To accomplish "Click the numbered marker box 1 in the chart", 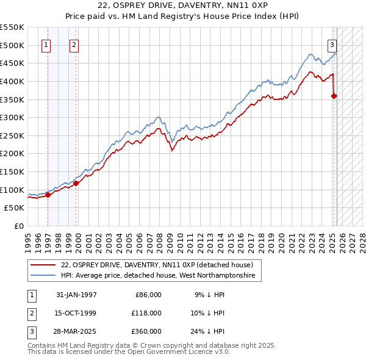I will [47, 44].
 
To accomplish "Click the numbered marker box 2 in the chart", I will [74, 44].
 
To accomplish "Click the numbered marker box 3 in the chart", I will [332, 44].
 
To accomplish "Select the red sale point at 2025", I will [334, 96].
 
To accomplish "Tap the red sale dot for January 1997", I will [48, 195].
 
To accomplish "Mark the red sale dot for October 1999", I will [76, 183].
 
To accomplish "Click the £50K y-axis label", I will [15, 208].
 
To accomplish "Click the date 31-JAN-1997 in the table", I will [76, 295].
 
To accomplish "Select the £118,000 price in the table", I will [146, 313].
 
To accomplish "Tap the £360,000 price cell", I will [146, 331].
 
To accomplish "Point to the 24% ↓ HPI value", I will [209, 331].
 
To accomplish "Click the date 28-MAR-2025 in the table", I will [76, 331].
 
